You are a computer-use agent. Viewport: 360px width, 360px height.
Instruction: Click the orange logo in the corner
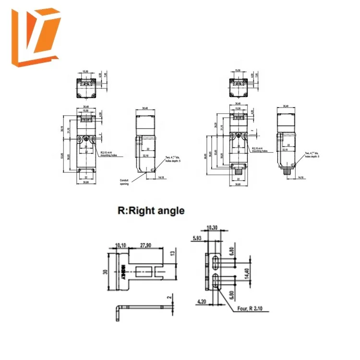pyautogui.click(x=36, y=38)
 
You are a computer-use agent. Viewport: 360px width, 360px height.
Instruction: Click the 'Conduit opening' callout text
pyautogui.click(x=126, y=182)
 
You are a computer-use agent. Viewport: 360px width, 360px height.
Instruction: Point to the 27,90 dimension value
pyautogui.click(x=145, y=245)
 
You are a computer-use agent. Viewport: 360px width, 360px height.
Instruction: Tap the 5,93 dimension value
pyautogui.click(x=197, y=237)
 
